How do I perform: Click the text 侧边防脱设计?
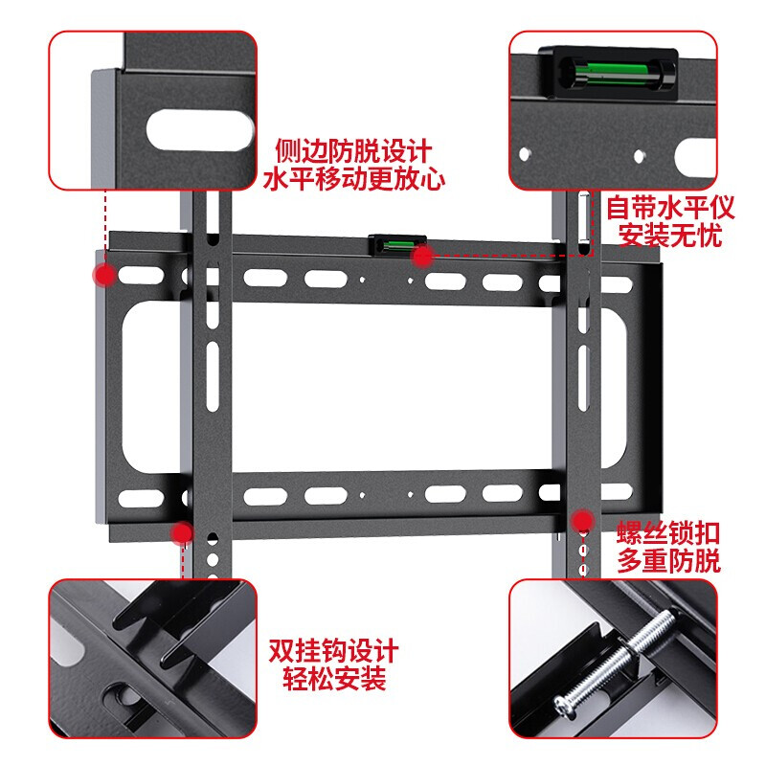(353, 151)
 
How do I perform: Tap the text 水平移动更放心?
(353, 179)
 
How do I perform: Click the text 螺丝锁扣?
(669, 532)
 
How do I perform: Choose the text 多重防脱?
(669, 560)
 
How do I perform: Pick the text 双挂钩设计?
(334, 652)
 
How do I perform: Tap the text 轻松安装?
(334, 680)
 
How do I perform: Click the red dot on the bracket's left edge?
(104, 276)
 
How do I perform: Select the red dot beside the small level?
(422, 255)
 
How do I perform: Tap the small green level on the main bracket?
(391, 245)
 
